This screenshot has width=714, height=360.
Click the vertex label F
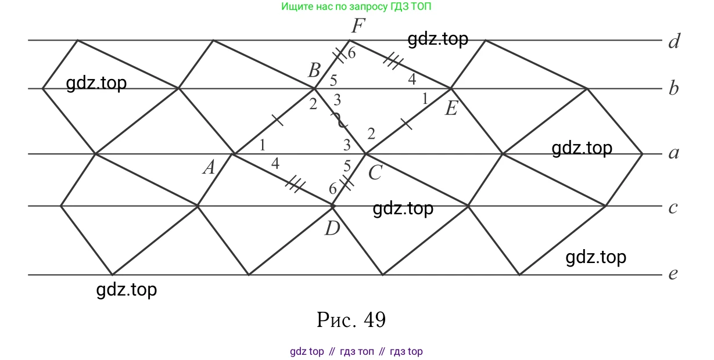click(358, 26)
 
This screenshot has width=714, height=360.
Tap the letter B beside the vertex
click(314, 70)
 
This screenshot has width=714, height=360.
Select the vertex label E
click(451, 108)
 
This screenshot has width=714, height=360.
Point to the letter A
click(209, 167)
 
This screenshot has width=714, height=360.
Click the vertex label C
click(375, 173)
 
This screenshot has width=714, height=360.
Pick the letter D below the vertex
click(332, 228)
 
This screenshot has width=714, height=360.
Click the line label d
click(674, 41)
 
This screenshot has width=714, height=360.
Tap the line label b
click(673, 88)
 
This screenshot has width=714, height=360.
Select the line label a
click(674, 153)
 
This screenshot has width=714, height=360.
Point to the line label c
click(673, 208)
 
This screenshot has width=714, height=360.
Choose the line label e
click(673, 273)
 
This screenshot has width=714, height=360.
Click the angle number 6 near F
click(351, 53)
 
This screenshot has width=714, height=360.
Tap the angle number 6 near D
click(333, 189)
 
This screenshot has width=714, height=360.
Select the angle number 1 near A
click(263, 145)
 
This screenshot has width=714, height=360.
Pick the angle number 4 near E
click(412, 79)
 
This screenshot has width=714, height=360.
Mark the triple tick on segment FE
click(393, 60)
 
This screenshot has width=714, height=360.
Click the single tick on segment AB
click(277, 120)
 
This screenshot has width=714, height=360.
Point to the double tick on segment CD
click(347, 182)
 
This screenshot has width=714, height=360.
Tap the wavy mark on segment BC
click(340, 120)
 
